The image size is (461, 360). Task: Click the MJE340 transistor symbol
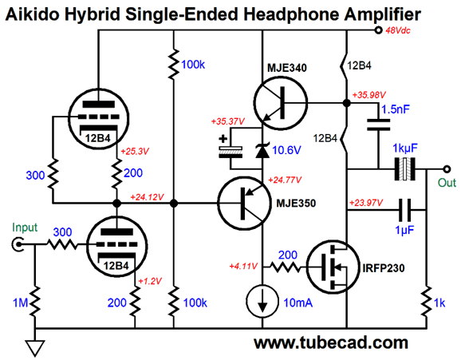[280, 103]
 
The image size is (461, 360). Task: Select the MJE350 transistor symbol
[244, 203]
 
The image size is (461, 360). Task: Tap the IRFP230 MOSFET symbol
[333, 267]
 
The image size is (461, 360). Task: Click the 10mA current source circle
[262, 301]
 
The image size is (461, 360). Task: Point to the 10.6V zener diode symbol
[262, 150]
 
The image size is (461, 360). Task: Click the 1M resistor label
[20, 303]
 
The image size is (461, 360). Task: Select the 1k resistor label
[439, 303]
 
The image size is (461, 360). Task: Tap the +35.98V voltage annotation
[369, 95]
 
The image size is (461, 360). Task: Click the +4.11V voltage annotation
[243, 266]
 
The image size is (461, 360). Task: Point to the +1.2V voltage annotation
[150, 281]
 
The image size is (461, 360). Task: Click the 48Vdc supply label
[398, 30]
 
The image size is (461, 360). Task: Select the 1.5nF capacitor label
[396, 109]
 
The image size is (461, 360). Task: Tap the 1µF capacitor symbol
[405, 210]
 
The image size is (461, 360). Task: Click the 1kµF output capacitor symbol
[404, 169]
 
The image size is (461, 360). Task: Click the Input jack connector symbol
[18, 244]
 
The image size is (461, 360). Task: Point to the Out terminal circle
[447, 169]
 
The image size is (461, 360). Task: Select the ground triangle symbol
[35, 348]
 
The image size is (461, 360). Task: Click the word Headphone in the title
[291, 14]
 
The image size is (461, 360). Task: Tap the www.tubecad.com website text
[331, 343]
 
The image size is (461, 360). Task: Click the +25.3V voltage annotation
[135, 152]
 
